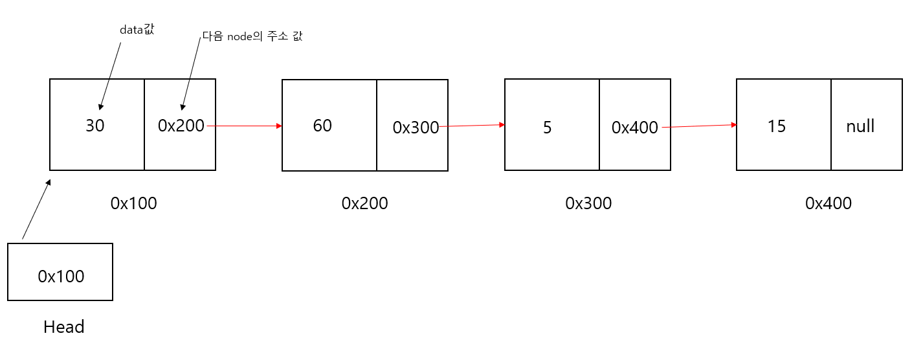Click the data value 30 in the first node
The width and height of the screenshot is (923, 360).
(95, 126)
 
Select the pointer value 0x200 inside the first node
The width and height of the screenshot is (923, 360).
(181, 126)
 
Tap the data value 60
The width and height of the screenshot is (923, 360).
(322, 126)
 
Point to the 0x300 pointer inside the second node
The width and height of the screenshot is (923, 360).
(416, 128)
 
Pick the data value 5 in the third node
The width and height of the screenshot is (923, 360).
(547, 128)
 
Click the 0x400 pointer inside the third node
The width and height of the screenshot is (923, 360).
(634, 128)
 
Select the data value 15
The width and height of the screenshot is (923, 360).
(776, 126)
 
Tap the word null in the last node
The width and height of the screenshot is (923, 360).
(860, 126)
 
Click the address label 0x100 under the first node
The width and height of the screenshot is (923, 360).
(133, 203)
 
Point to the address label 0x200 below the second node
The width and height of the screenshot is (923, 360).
(364, 203)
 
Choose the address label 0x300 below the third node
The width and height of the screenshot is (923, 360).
(588, 203)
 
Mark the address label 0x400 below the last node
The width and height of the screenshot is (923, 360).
(828, 203)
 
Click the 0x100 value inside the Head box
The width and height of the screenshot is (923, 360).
(61, 276)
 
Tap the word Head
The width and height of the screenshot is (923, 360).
(63, 327)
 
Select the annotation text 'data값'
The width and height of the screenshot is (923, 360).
(137, 30)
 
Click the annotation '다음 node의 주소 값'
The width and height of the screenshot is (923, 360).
(252, 37)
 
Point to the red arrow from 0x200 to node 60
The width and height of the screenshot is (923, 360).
(245, 126)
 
